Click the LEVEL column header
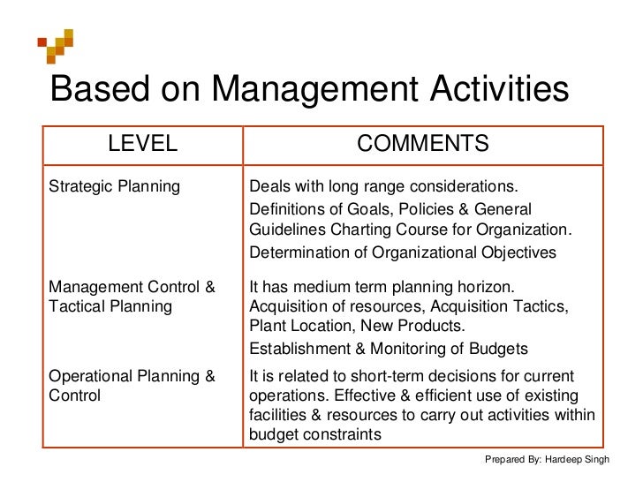click(142, 144)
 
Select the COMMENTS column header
click(422, 144)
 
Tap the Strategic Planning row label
click(113, 187)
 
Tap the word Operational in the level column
click(90, 377)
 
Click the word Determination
click(299, 252)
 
